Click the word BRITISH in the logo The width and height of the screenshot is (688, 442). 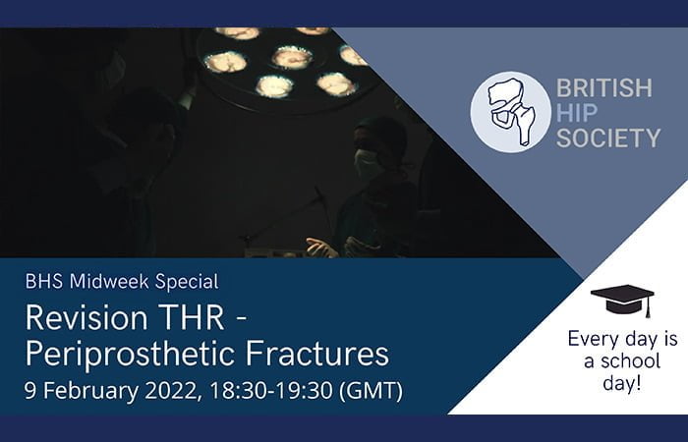[x=604, y=88]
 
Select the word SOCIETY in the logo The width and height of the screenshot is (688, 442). [x=608, y=138]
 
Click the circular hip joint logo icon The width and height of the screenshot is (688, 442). [x=510, y=112]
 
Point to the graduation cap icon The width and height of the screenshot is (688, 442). [x=621, y=299]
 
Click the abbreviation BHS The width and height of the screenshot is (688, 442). [x=43, y=282]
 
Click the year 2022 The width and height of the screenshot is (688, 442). [x=168, y=390]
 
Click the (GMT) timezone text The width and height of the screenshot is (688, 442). [x=370, y=390]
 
